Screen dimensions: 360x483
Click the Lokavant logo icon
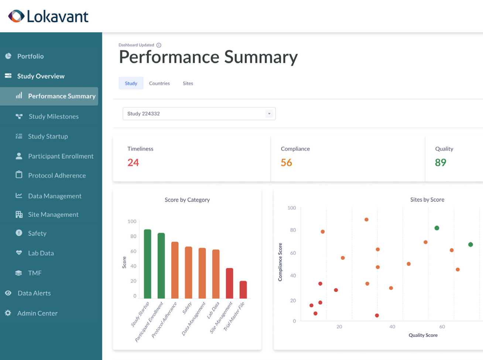tap(16, 16)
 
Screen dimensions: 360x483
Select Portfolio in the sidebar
tap(30, 56)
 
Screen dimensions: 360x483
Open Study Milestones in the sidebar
tap(53, 116)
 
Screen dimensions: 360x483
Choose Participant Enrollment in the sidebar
tap(61, 156)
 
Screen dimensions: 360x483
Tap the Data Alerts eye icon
tap(8, 293)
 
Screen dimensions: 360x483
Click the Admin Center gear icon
tap(8, 313)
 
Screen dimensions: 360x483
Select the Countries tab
tap(159, 84)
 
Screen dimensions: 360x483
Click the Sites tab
tap(188, 84)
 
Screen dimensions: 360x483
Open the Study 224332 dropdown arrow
tap(269, 114)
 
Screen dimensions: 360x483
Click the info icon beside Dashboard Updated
tap(159, 45)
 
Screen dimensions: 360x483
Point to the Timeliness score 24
tap(133, 163)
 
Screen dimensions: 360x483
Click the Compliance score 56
tap(286, 163)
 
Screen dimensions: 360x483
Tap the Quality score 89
tap(440, 163)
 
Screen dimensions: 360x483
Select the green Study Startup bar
tap(147, 264)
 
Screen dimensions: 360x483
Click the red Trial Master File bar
tap(243, 290)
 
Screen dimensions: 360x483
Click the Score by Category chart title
tap(187, 200)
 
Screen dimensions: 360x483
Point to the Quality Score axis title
tap(423, 335)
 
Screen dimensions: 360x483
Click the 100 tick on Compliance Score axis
tap(291, 208)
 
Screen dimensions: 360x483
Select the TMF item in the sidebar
tap(35, 273)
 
